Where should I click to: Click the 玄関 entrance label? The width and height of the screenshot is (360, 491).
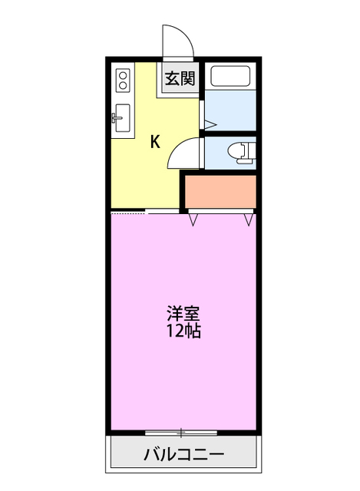tap(179, 78)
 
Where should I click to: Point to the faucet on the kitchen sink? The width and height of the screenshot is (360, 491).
tap(117, 118)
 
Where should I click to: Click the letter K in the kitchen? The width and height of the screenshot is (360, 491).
tap(154, 141)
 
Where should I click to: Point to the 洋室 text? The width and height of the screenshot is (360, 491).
tap(183, 314)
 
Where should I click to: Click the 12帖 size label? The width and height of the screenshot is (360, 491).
tap(183, 332)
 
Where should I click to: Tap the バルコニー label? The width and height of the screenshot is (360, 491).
tap(184, 455)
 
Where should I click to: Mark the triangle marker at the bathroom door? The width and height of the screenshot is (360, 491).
tap(210, 123)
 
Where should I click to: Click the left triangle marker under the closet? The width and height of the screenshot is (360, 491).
tap(194, 219)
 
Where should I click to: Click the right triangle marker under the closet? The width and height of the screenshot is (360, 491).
tap(249, 219)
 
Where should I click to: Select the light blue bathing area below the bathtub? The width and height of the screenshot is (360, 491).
tap(230, 111)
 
